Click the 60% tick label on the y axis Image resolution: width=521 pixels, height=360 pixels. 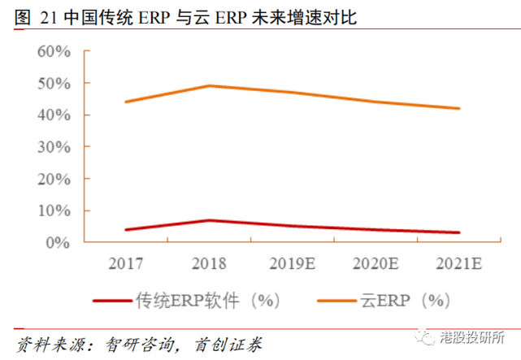(54, 51)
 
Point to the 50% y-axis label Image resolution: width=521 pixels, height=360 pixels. (54, 84)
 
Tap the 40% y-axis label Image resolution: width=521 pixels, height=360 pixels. (54, 115)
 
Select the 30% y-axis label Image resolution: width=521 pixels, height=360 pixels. (54, 147)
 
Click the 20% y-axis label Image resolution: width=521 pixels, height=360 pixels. (54, 180)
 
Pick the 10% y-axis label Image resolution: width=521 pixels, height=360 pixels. (54, 211)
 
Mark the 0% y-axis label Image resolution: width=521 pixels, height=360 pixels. (58, 243)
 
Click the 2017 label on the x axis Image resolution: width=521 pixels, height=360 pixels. (126, 263)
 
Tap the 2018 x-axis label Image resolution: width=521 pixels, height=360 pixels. (209, 263)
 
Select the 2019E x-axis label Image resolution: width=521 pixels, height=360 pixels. (292, 263)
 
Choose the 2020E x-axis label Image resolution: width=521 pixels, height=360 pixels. (376, 263)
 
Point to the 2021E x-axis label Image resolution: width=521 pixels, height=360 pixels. (459, 263)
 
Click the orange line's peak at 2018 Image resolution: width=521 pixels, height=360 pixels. (210, 86)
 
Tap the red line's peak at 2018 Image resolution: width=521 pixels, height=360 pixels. (210, 220)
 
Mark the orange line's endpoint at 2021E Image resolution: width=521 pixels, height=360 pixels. (459, 108)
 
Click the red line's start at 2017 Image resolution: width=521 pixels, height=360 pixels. (126, 230)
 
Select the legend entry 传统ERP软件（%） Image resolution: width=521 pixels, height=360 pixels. (186, 301)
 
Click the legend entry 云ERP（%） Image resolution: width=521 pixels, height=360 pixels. (384, 301)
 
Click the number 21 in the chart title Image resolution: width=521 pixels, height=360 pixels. (49, 17)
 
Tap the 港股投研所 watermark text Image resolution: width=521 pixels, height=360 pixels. (472, 337)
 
